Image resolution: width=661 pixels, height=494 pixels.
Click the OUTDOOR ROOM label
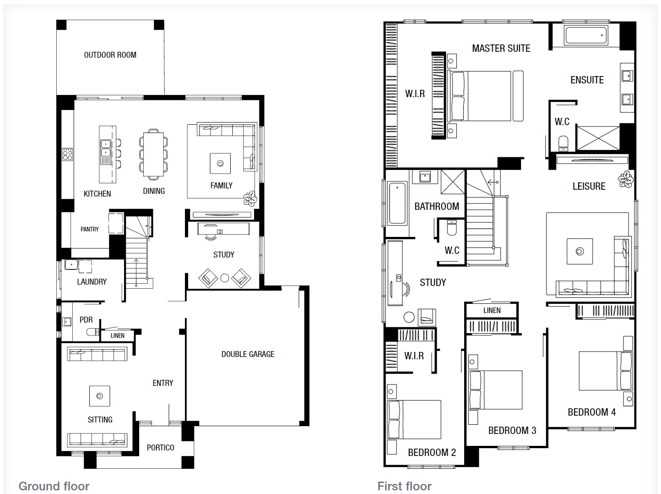click(x=110, y=55)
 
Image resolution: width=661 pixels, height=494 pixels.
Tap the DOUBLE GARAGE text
click(x=248, y=354)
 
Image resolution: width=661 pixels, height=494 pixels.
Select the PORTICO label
click(x=160, y=448)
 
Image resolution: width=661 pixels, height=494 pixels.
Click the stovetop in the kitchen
click(x=68, y=154)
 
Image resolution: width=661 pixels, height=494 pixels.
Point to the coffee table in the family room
click(x=220, y=164)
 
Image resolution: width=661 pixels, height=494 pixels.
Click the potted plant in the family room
click(x=250, y=199)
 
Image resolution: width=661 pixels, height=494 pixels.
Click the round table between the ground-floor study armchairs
click(x=224, y=278)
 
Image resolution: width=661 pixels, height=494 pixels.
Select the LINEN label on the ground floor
click(x=117, y=335)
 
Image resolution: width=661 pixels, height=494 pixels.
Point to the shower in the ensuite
click(x=598, y=138)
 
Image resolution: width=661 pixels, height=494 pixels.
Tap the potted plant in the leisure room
click(x=625, y=179)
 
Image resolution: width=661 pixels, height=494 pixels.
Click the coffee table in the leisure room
click(x=580, y=252)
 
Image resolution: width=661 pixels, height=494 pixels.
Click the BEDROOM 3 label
click(x=512, y=430)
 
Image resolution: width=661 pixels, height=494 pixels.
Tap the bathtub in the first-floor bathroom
click(x=397, y=203)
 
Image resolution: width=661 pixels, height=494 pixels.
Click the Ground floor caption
click(x=54, y=486)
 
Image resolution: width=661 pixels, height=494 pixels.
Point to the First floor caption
click(x=404, y=486)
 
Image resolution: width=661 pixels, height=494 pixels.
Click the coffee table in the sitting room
click(x=100, y=396)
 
